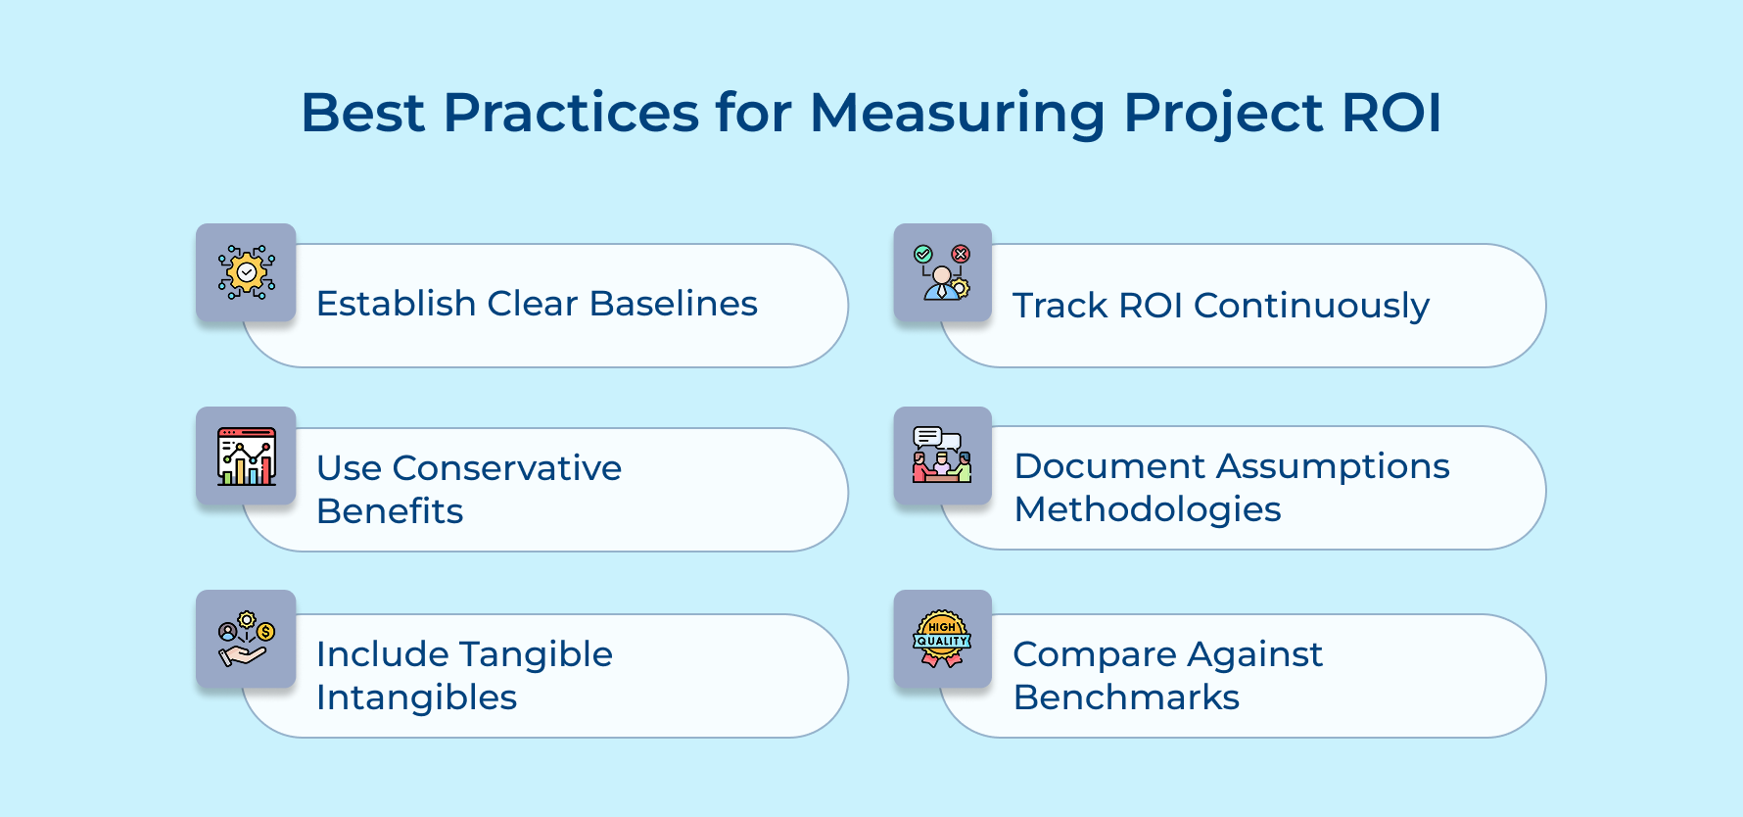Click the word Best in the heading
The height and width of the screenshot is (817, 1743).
pos(362,113)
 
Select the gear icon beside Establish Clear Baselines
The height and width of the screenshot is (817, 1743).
pos(247,272)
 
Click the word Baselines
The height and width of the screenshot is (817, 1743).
pos(674,304)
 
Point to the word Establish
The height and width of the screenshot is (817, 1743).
pos(396,304)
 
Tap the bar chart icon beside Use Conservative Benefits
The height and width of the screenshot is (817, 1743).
pos(247,457)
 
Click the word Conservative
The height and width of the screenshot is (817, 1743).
pos(506,468)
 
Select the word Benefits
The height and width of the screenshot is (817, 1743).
pos(390,511)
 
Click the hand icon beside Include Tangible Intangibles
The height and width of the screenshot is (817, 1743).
pos(247,640)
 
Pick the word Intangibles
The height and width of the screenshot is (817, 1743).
pos(416,697)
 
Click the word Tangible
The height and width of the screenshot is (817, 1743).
pos(536,654)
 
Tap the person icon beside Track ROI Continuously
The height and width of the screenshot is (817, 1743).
pos(942,272)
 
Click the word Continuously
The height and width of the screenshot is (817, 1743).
pos(1311,306)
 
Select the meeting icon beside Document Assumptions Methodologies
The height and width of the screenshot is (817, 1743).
pos(942,456)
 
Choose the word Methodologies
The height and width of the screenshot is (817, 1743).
pos(1148,509)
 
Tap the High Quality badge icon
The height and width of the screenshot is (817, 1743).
pos(942,640)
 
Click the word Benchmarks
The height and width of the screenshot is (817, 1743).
pos(1126,697)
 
